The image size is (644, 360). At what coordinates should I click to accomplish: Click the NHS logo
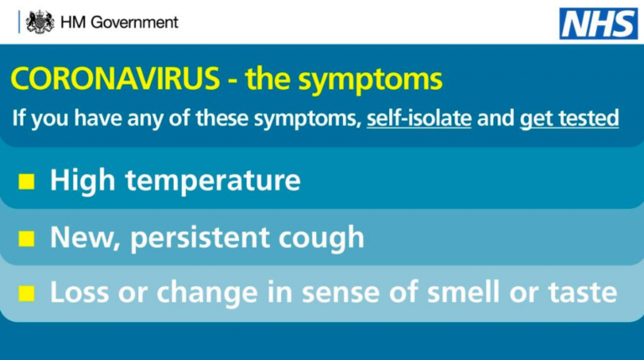click(x=599, y=23)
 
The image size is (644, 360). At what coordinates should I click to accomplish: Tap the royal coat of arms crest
click(x=40, y=22)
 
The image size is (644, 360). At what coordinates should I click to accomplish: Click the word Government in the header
click(x=134, y=22)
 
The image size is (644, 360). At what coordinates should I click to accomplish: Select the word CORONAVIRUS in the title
click(x=116, y=78)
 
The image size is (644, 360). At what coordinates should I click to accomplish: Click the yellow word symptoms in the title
click(x=370, y=81)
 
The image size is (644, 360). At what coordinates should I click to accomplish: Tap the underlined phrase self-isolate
click(x=419, y=118)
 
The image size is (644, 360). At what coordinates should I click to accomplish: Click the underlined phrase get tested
click(x=569, y=119)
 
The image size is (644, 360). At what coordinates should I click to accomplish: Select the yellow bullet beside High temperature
click(x=27, y=181)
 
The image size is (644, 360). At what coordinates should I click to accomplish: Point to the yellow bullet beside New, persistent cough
click(x=27, y=238)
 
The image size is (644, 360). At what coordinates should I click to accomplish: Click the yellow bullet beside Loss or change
click(x=27, y=294)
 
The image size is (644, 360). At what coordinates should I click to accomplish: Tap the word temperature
click(x=213, y=181)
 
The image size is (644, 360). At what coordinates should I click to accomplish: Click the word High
click(x=82, y=180)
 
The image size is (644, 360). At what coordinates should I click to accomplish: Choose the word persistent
click(x=200, y=238)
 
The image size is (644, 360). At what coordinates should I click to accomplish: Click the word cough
click(x=322, y=238)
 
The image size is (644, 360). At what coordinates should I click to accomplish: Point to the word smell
click(x=464, y=292)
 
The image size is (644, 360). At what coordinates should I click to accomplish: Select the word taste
click(x=583, y=293)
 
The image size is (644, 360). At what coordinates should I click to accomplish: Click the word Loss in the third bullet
click(x=80, y=292)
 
